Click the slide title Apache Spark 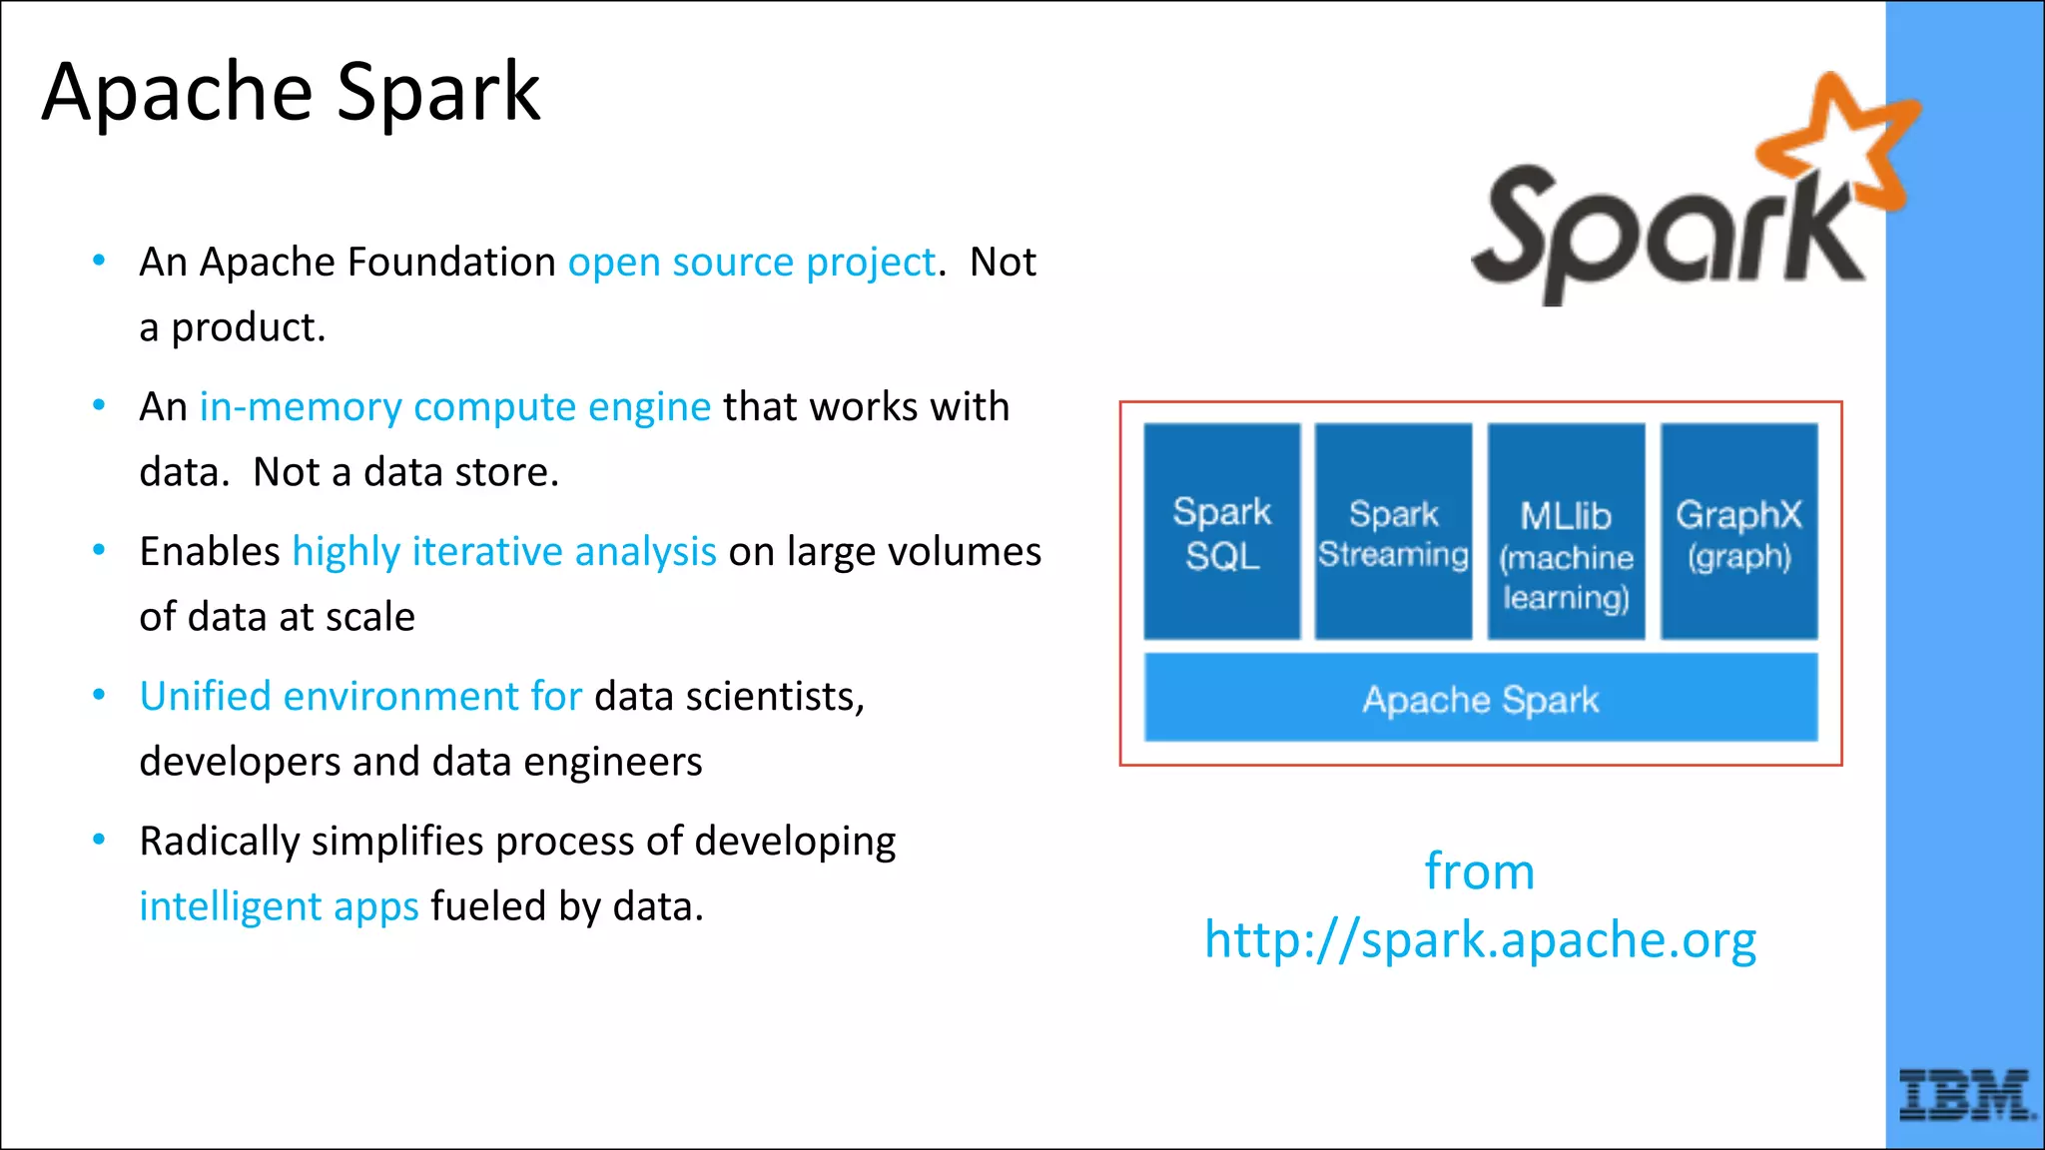click(x=291, y=92)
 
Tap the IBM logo click(x=1965, y=1095)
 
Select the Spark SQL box click(x=1221, y=532)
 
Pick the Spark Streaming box click(x=1393, y=532)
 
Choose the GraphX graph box click(x=1738, y=532)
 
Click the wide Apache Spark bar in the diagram click(x=1480, y=699)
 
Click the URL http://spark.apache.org click(x=1480, y=939)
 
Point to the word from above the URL click(x=1479, y=871)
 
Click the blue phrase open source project click(x=751, y=263)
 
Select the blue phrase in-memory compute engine click(x=454, y=407)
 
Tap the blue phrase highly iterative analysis click(x=503, y=552)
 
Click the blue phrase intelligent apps click(x=279, y=906)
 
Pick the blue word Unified click(x=205, y=697)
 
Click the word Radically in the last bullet click(x=219, y=842)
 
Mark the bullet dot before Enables click(x=99, y=550)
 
